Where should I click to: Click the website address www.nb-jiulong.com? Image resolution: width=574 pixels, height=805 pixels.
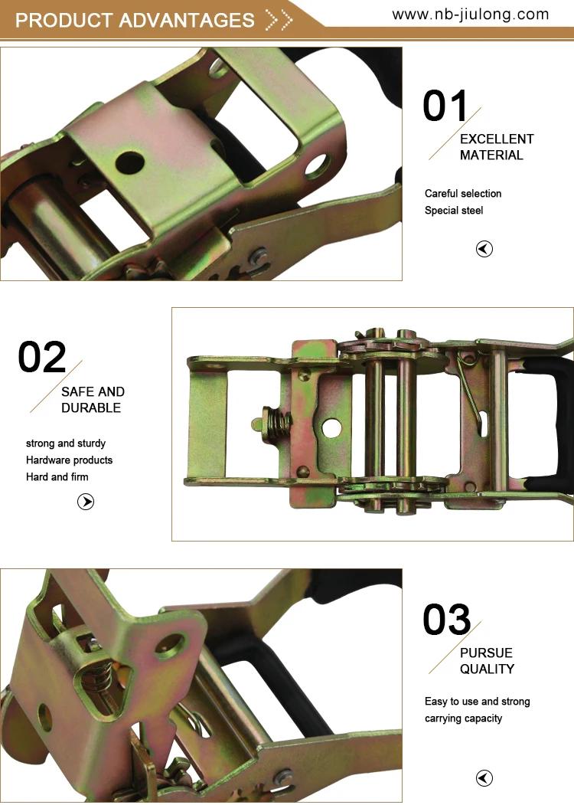[471, 15]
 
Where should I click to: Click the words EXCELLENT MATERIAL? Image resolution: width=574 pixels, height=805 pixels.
[496, 147]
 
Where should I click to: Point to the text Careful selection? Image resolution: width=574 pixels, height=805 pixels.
[463, 194]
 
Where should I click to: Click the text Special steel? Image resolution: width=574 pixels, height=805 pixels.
[454, 211]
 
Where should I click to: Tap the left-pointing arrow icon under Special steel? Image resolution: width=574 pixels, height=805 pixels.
[484, 249]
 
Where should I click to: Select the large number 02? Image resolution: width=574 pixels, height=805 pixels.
[42, 358]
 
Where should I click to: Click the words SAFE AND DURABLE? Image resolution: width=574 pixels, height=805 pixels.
[93, 400]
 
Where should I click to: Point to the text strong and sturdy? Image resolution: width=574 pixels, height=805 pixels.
[66, 443]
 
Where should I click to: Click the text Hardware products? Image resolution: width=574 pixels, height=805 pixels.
[69, 460]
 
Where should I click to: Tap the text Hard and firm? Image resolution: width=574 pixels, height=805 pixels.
[57, 477]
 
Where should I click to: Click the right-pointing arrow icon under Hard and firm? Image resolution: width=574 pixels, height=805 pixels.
[86, 502]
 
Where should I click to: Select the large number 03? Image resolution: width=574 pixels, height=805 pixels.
[447, 620]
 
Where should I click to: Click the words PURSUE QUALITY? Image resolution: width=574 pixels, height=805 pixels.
[487, 661]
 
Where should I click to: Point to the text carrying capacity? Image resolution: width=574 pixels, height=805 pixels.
[464, 718]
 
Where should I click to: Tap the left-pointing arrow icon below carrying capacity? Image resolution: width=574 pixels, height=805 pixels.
[484, 779]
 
